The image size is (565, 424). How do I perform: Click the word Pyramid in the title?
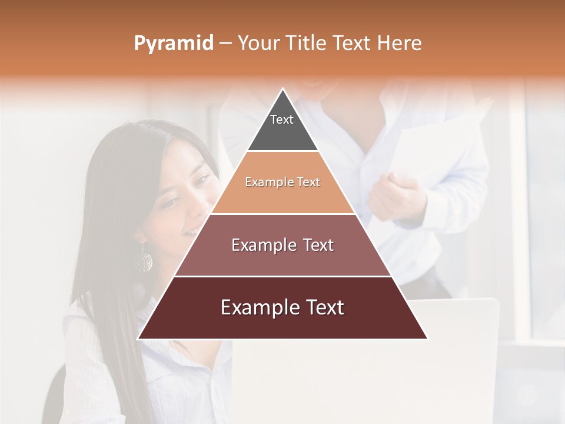click(x=174, y=44)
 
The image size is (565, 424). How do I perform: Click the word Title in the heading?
click(x=305, y=43)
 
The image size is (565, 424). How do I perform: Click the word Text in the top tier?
click(x=282, y=120)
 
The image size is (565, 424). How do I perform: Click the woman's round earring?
click(x=143, y=259)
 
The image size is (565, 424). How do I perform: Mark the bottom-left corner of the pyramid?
click(x=138, y=339)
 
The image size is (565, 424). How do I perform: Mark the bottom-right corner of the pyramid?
click(x=427, y=339)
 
